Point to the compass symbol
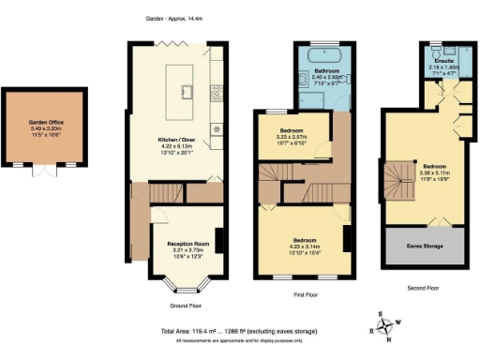click(x=383, y=325)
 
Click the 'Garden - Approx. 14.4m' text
click(x=173, y=18)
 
